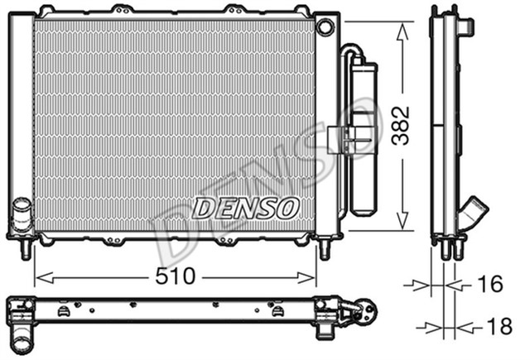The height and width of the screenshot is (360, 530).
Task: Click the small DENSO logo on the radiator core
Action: pos(245,208)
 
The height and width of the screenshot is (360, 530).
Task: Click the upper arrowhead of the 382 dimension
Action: pos(401,29)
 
